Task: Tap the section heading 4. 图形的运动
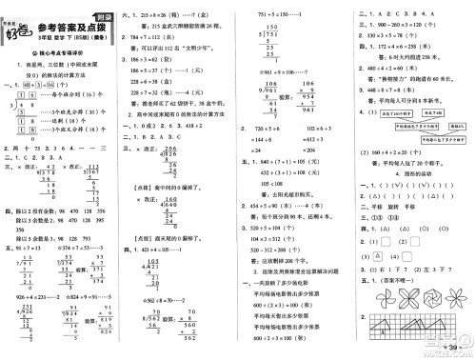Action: [406, 173]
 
